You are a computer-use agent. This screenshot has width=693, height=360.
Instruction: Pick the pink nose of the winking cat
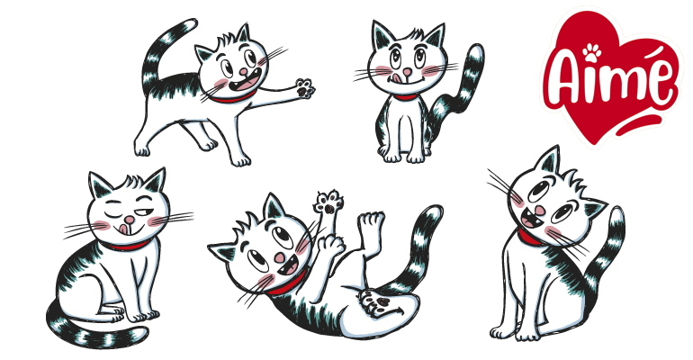coord(131,220)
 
